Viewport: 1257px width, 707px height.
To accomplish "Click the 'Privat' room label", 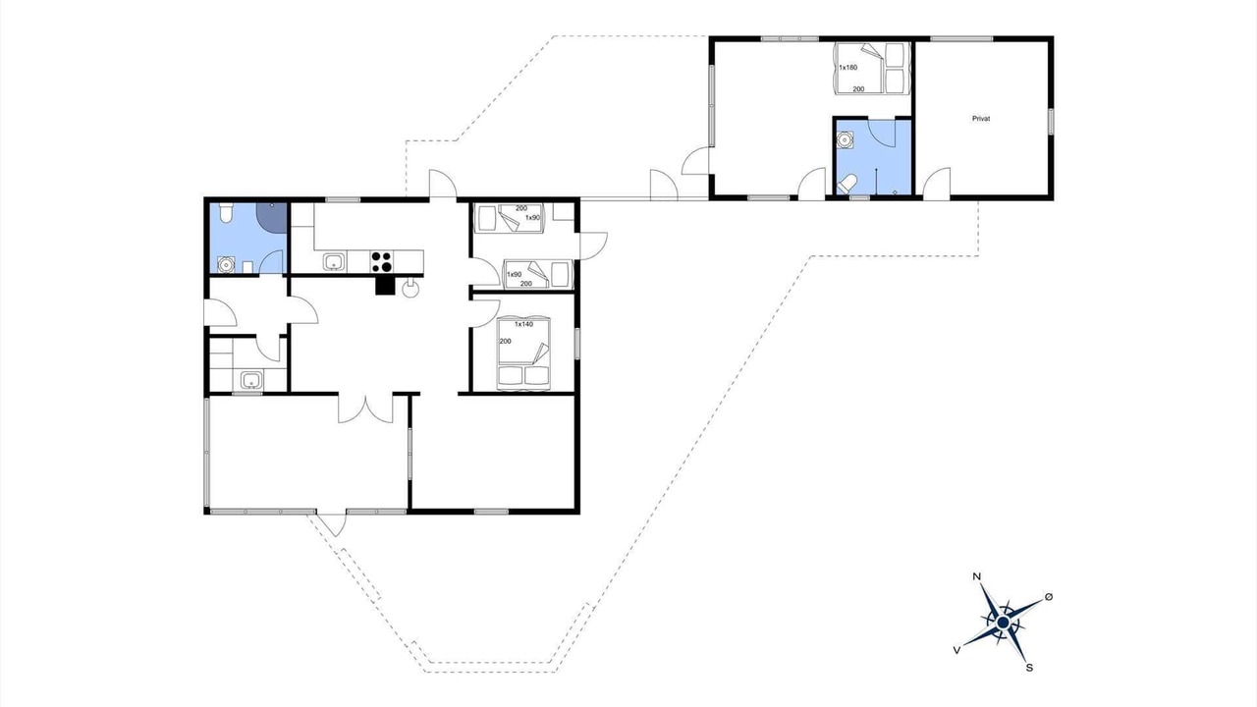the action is [x=981, y=119].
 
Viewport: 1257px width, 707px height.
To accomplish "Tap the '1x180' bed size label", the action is [x=847, y=68].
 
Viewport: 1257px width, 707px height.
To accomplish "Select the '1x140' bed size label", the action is [x=523, y=324].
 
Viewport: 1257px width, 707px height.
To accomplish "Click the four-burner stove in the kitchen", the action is [x=382, y=262].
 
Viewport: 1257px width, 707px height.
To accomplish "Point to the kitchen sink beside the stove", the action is [x=335, y=261].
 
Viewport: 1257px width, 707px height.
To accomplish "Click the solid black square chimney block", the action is [x=385, y=285].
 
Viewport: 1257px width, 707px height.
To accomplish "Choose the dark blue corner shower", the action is [x=272, y=217].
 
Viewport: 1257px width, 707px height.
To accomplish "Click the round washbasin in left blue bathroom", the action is [x=226, y=264].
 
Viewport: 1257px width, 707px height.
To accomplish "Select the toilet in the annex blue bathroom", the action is [x=847, y=183].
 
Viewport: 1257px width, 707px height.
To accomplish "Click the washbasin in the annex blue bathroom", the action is [x=844, y=138].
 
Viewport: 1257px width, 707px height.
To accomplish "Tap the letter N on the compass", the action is [x=976, y=576].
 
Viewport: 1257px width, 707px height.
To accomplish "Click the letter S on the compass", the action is [x=1029, y=668].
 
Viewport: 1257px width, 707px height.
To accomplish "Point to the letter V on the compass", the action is [x=956, y=650].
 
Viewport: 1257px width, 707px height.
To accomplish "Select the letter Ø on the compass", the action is [x=1049, y=596].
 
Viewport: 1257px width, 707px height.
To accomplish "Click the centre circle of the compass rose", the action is [x=1003, y=623].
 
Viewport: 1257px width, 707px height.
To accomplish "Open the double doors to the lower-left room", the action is [x=365, y=408].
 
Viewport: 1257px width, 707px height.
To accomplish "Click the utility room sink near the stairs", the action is [x=252, y=380].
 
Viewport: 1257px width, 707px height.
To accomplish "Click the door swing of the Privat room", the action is [x=937, y=183].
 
